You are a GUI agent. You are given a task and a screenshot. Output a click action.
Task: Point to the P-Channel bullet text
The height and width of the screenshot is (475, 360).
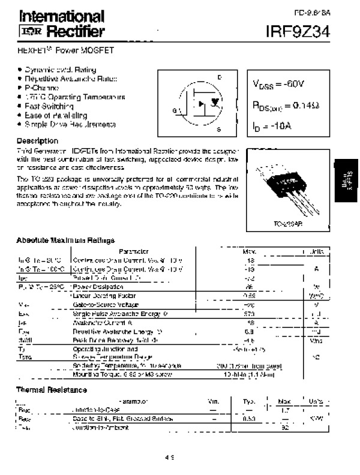click(43, 88)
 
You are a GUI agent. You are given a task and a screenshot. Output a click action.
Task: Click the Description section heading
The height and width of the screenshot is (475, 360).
click(37, 140)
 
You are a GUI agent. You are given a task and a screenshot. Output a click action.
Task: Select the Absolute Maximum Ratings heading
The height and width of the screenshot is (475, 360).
click(66, 240)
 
